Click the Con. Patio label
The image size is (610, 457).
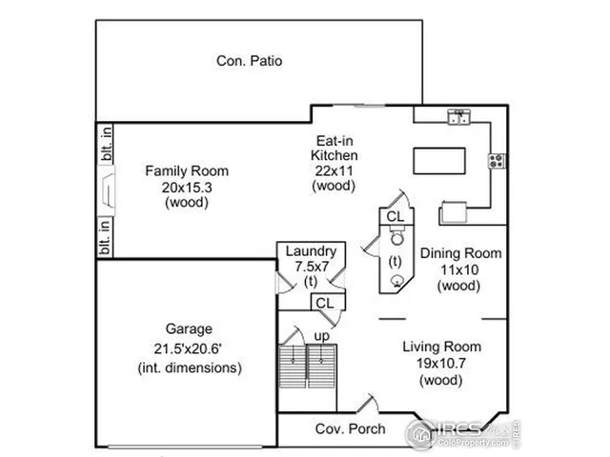point(249,61)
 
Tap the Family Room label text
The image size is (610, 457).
point(187,171)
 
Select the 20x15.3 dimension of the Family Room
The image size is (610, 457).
point(187,187)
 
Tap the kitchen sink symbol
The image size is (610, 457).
point(460,118)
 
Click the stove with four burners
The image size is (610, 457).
point(497,161)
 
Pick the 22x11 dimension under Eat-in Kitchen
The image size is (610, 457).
point(336,169)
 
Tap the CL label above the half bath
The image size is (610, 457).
point(394,217)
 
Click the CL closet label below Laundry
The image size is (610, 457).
point(325,302)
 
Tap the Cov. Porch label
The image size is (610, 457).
point(350,429)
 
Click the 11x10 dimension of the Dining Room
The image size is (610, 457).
point(461,269)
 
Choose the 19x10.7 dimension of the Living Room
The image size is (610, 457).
point(440,363)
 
